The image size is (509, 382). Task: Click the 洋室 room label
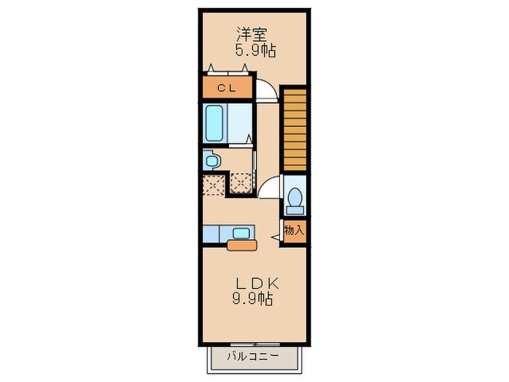[x=253, y=33]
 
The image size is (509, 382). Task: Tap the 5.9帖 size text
[x=254, y=51]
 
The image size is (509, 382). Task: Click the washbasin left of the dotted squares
[x=211, y=160]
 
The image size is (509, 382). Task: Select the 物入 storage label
[x=294, y=231]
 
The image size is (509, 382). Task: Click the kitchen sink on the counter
[x=240, y=233]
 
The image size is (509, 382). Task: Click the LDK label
[x=253, y=283]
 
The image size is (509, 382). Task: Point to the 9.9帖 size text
[x=254, y=299]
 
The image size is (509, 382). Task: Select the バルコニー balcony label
[x=253, y=357]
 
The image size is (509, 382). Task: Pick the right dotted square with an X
[x=241, y=181]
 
